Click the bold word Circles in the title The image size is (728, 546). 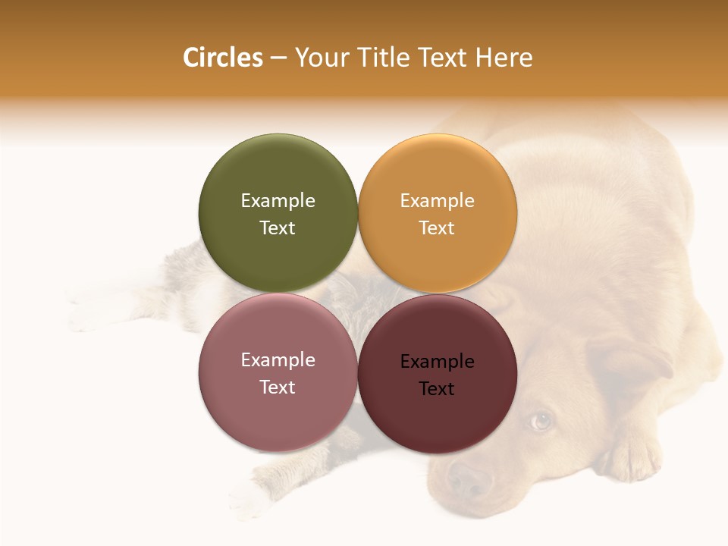[222, 58]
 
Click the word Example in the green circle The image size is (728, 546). [278, 200]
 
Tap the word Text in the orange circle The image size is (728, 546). [438, 227]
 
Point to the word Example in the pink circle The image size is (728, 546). [278, 359]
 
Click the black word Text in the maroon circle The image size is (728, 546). [438, 388]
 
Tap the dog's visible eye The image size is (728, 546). [540, 420]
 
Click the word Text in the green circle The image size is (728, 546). [278, 227]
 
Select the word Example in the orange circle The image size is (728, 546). [438, 200]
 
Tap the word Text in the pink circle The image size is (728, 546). [278, 387]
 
